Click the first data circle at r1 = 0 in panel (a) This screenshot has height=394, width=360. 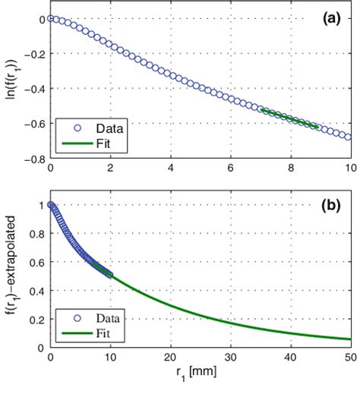[x=50, y=18]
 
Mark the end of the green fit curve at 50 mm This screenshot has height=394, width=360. [x=350, y=339]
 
